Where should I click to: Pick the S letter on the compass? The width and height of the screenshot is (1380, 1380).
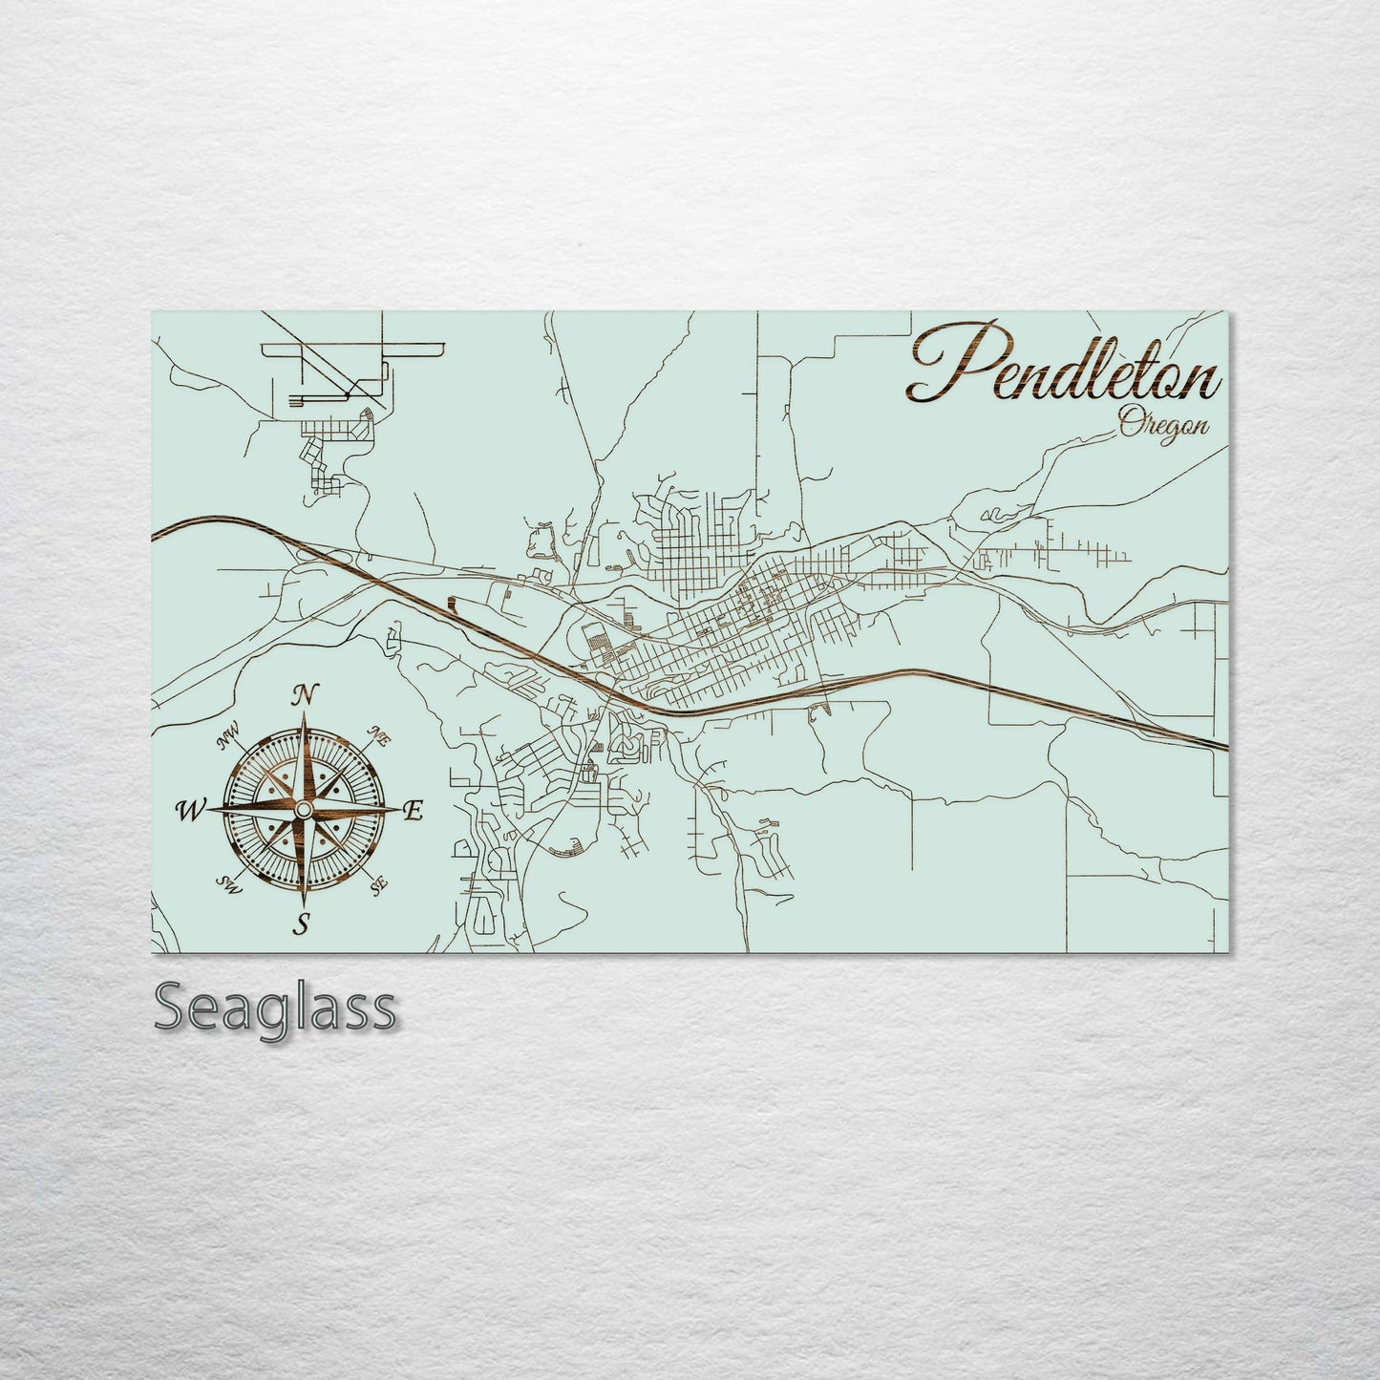[304, 924]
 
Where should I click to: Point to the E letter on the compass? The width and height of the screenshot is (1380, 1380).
[414, 812]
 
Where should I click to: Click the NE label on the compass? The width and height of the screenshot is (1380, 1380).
[378, 736]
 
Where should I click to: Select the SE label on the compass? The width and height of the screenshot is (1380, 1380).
[378, 884]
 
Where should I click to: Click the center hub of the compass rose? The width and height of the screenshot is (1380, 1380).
[303, 810]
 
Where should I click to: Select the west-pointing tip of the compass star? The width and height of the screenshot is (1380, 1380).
[208, 810]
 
